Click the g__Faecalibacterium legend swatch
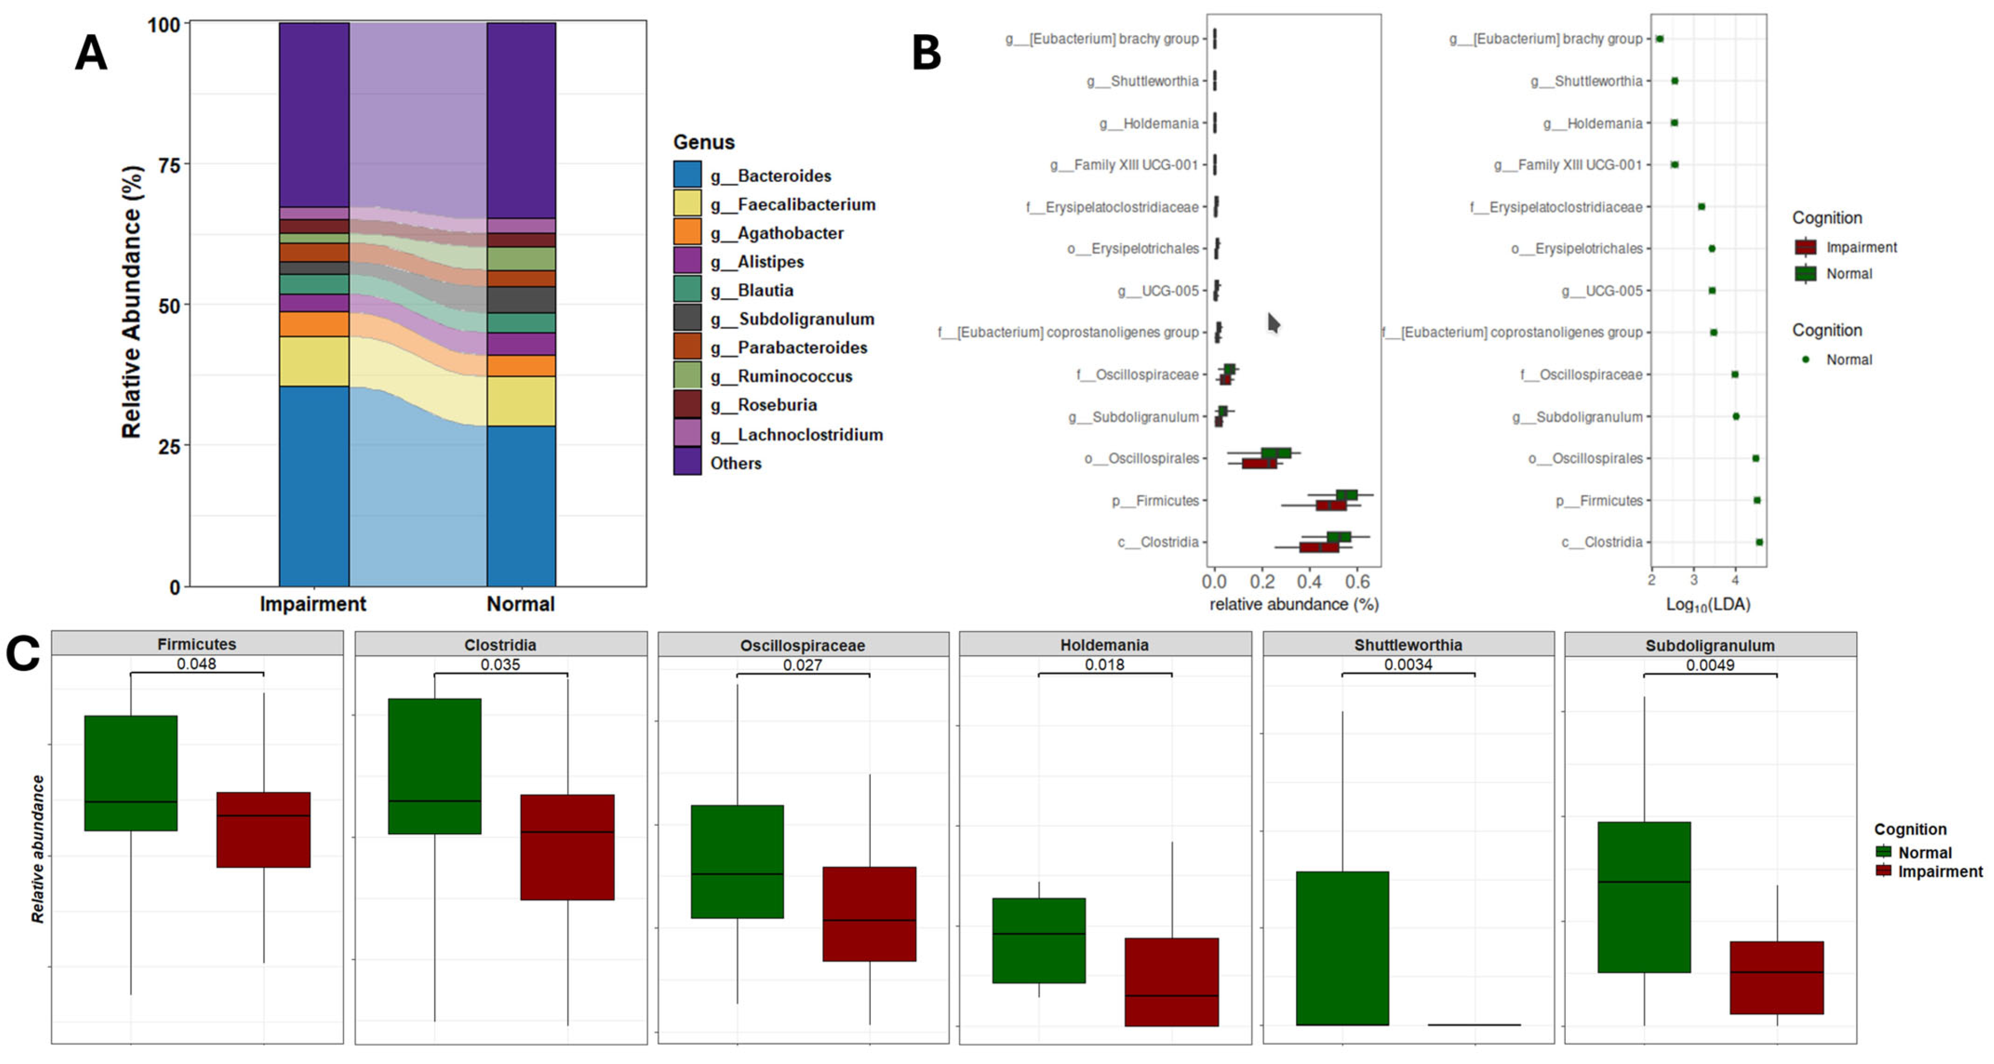point(687,204)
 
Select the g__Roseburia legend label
point(776,405)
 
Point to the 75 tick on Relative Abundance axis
point(170,165)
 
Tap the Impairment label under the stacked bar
point(313,604)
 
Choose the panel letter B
point(927,52)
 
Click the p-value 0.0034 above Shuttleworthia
point(1408,664)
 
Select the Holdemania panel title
point(1105,645)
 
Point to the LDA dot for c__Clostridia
point(1760,542)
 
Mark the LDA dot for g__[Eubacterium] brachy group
point(1659,39)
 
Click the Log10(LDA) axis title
point(1708,604)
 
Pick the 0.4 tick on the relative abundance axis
point(1310,581)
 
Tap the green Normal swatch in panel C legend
point(1883,852)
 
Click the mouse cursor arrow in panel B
point(1273,322)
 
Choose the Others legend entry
point(735,463)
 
